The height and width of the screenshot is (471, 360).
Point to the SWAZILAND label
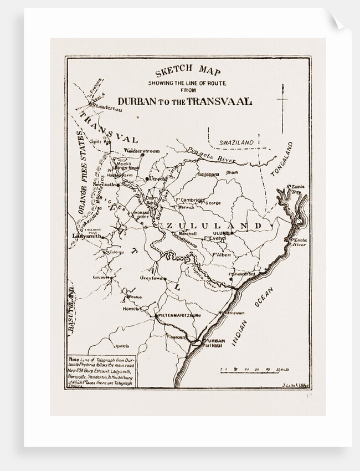[x=236, y=142]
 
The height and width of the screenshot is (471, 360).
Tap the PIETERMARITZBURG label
[x=178, y=315]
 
